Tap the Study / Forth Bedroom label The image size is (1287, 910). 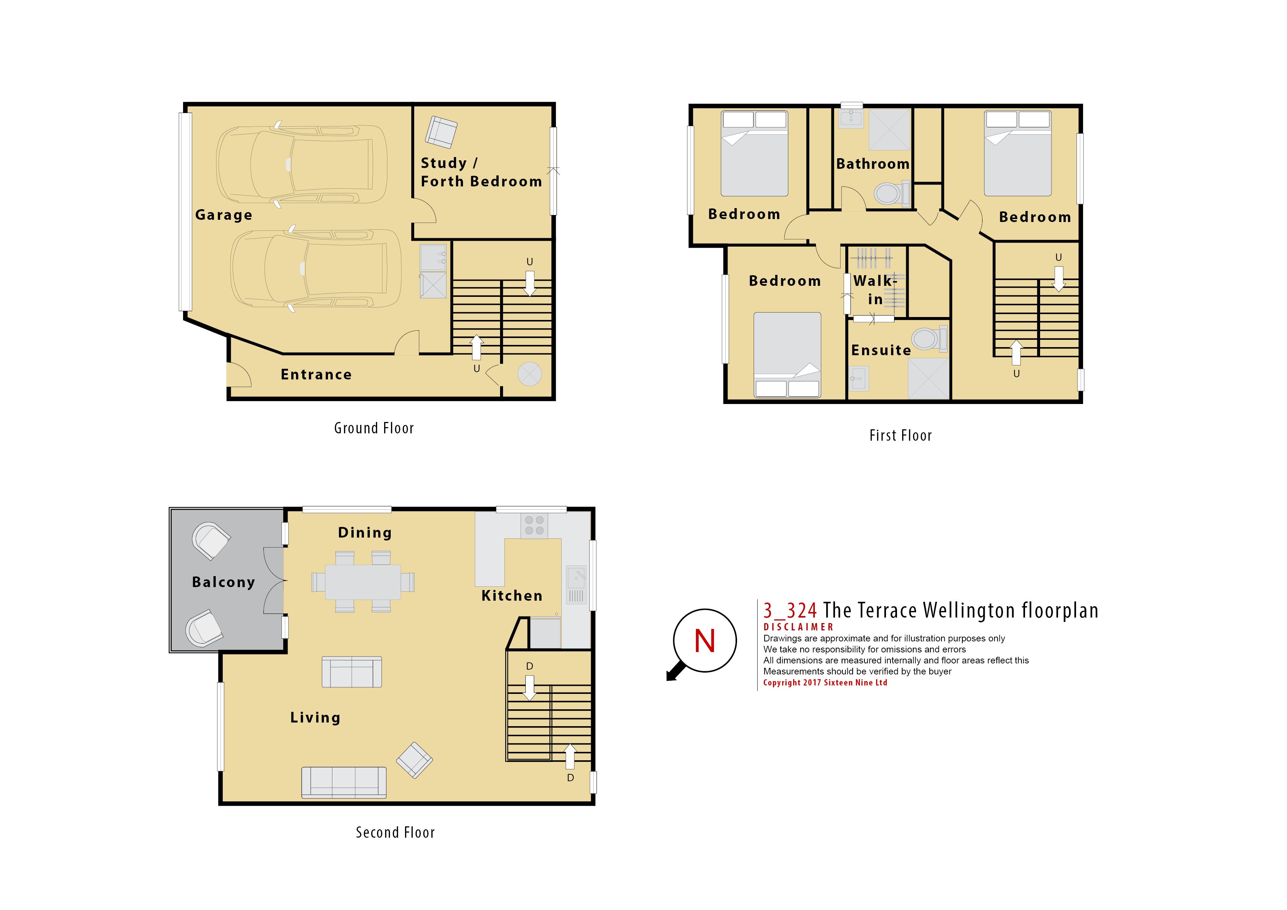(x=481, y=172)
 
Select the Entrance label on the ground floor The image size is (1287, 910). (x=316, y=375)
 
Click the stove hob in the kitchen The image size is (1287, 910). (x=534, y=525)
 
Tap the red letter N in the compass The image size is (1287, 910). (x=705, y=640)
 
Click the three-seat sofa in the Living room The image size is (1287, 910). (x=344, y=782)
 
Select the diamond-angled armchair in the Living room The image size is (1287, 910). (x=414, y=760)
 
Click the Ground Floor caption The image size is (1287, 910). (x=374, y=428)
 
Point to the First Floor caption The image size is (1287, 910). (x=900, y=436)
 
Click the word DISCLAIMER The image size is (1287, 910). (x=798, y=627)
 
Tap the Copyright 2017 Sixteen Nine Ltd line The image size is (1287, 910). (x=825, y=683)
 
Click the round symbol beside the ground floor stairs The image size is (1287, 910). (x=530, y=374)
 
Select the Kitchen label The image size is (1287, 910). (x=512, y=596)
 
